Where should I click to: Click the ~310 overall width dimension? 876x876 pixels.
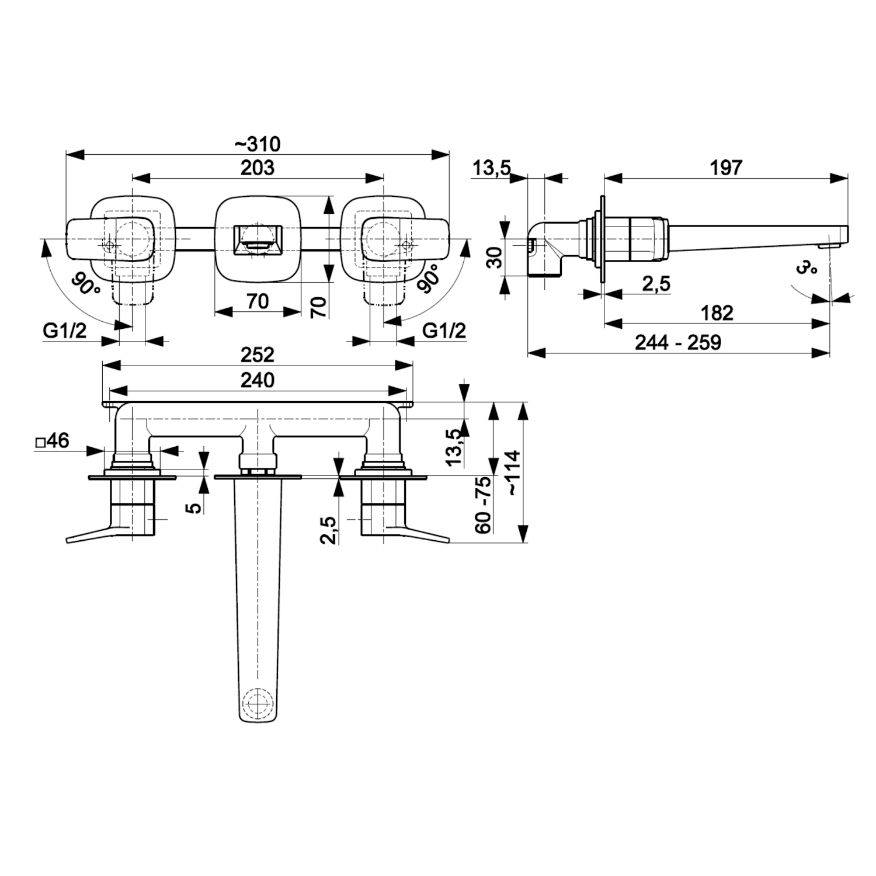click(x=258, y=144)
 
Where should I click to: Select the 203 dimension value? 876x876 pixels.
click(x=258, y=168)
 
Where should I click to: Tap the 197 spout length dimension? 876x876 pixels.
click(x=726, y=168)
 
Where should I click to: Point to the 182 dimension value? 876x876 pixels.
click(x=717, y=313)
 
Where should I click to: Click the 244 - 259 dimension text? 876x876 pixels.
click(x=678, y=342)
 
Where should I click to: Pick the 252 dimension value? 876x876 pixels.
click(x=258, y=354)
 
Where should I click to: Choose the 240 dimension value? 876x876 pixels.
click(x=258, y=380)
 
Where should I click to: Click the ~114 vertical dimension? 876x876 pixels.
click(x=513, y=473)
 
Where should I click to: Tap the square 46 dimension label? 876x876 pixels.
click(x=52, y=441)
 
